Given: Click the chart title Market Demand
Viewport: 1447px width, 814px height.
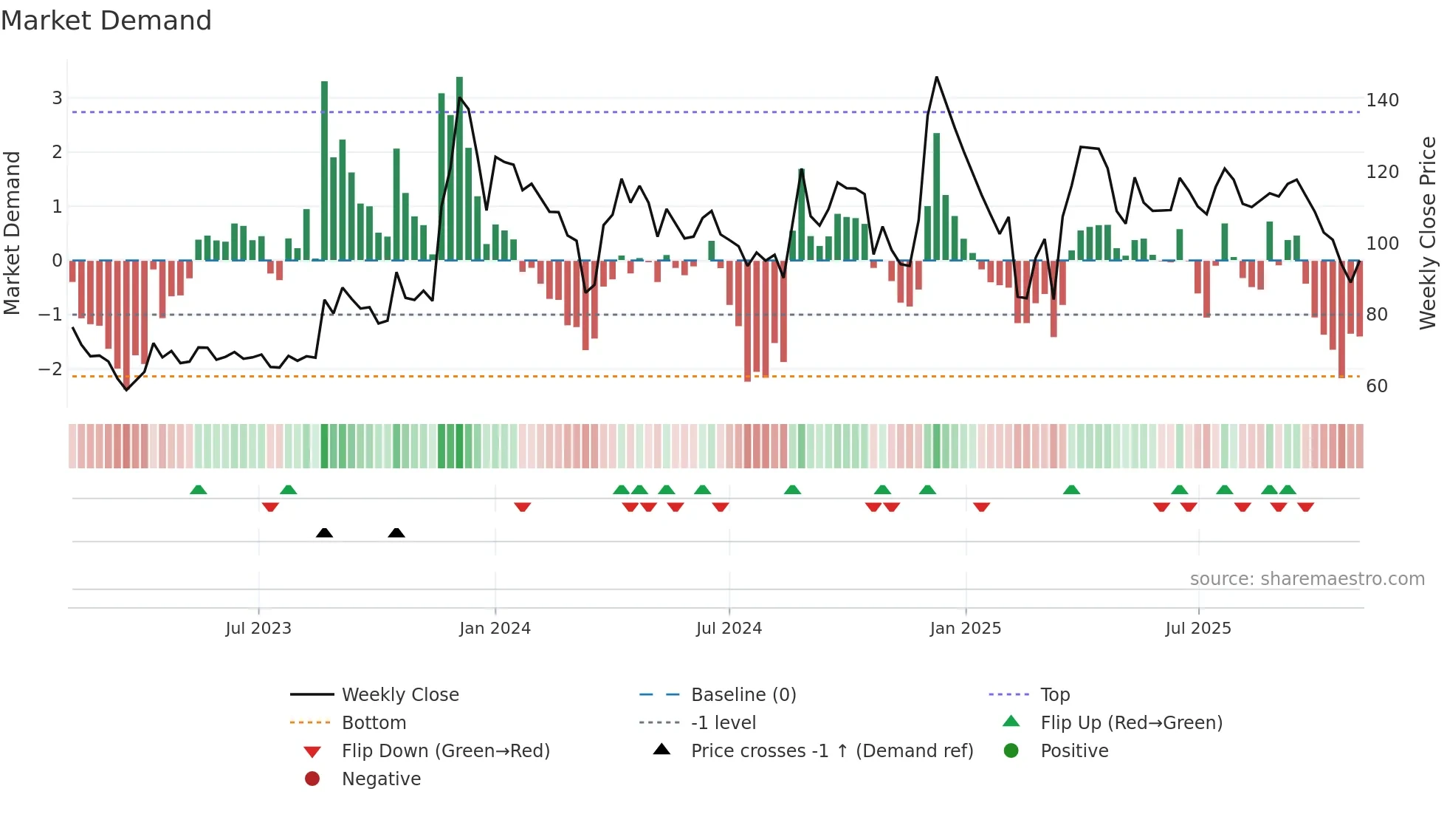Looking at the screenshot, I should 106,21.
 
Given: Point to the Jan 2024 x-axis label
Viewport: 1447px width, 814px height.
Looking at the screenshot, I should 495,629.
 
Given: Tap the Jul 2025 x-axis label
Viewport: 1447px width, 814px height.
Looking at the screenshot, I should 1198,629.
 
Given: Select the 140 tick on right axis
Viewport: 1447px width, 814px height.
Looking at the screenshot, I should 1382,100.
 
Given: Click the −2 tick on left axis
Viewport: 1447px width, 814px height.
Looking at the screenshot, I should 50,369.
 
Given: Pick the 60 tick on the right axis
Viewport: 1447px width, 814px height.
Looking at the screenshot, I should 1377,386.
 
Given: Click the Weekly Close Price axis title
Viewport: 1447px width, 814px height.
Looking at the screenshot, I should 1428,233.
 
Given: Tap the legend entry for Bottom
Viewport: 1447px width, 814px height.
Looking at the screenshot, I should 374,723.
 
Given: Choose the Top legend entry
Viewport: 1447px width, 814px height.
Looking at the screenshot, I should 1055,695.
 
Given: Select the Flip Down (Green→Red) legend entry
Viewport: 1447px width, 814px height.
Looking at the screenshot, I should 445,751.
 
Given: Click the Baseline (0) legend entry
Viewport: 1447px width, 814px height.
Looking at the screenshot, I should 743,695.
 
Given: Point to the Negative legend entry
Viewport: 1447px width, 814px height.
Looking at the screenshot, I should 381,779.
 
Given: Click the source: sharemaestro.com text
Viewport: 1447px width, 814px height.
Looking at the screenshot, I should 1307,579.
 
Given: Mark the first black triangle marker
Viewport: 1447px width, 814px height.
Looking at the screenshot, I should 324,533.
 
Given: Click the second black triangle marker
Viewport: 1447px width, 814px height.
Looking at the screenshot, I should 396,533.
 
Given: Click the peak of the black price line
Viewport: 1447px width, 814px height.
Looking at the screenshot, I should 936,78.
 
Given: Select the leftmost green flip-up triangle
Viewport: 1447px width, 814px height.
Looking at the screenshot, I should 199,490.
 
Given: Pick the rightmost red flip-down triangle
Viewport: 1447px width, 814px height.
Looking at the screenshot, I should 1305,507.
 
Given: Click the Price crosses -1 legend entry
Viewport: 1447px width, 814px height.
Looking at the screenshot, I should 831,751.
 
